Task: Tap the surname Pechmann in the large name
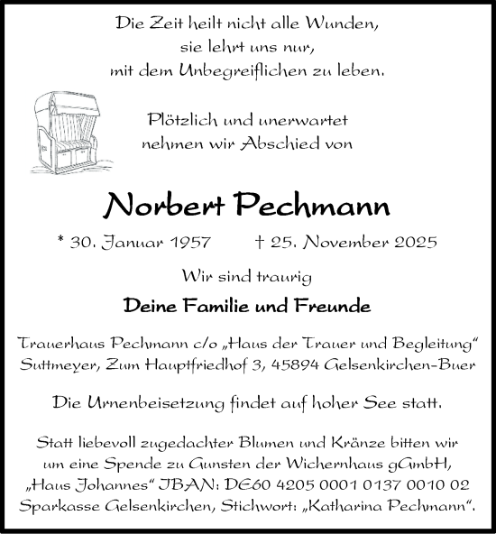(313, 207)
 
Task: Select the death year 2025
(416, 243)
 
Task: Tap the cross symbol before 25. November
(283, 243)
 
